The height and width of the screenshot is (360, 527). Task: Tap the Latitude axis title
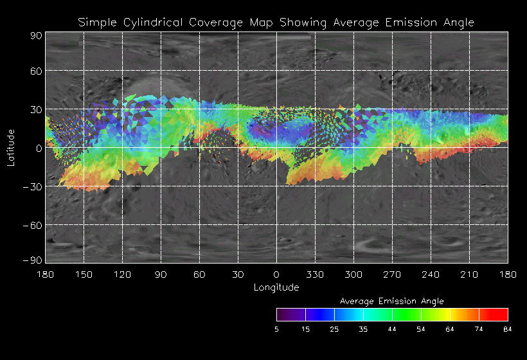click(10, 148)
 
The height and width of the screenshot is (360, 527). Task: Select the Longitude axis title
click(276, 287)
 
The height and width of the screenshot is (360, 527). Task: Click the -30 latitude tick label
click(31, 186)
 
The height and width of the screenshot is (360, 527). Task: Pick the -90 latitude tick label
click(31, 260)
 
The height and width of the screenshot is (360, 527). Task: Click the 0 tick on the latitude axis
click(39, 148)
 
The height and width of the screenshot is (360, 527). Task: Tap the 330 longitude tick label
click(315, 274)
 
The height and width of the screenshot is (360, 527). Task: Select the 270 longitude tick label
click(392, 274)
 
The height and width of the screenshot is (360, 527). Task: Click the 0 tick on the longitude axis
click(276, 274)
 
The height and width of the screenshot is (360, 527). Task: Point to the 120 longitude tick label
click(122, 274)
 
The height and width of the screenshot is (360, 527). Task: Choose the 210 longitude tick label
click(469, 274)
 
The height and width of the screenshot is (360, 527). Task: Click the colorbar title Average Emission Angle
click(391, 301)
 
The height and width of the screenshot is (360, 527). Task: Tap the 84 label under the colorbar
click(508, 329)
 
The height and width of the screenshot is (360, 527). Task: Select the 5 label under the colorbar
click(276, 329)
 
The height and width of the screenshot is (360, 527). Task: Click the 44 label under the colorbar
click(392, 329)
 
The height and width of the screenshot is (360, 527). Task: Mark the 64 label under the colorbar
click(450, 329)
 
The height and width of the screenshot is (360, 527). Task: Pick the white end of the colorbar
click(279, 314)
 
